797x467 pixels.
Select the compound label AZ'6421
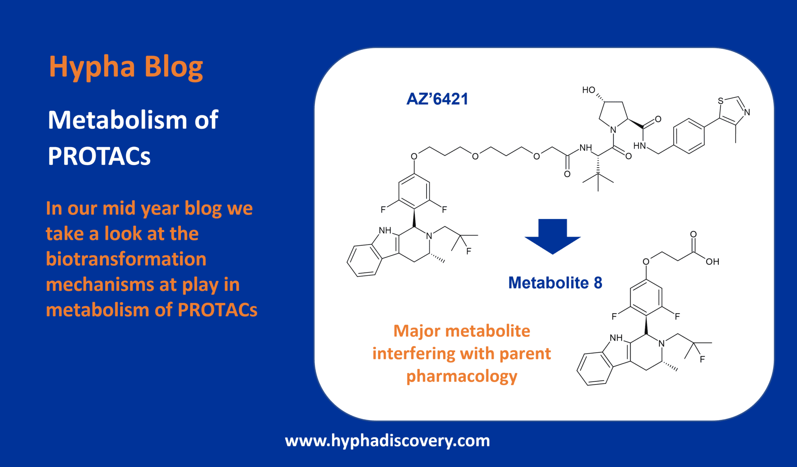click(x=437, y=99)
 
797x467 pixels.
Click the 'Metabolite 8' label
click(x=555, y=283)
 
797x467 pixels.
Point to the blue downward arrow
click(x=553, y=236)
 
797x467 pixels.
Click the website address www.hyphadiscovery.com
click(x=387, y=441)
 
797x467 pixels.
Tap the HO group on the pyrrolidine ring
click(x=588, y=90)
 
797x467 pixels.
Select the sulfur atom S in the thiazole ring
click(x=720, y=101)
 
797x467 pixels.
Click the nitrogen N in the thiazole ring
click(x=747, y=113)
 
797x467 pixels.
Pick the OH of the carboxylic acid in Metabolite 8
click(x=712, y=262)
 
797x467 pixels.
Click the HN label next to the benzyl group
click(x=639, y=146)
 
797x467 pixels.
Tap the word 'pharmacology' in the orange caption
click(x=462, y=376)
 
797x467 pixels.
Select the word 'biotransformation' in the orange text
click(x=126, y=259)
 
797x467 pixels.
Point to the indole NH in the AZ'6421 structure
click(x=385, y=230)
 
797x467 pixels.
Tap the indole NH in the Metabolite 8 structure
click(x=616, y=338)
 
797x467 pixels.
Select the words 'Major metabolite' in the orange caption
click(x=462, y=331)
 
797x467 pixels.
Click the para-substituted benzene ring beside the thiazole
click(x=689, y=136)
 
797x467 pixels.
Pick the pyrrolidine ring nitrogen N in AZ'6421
click(x=613, y=130)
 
